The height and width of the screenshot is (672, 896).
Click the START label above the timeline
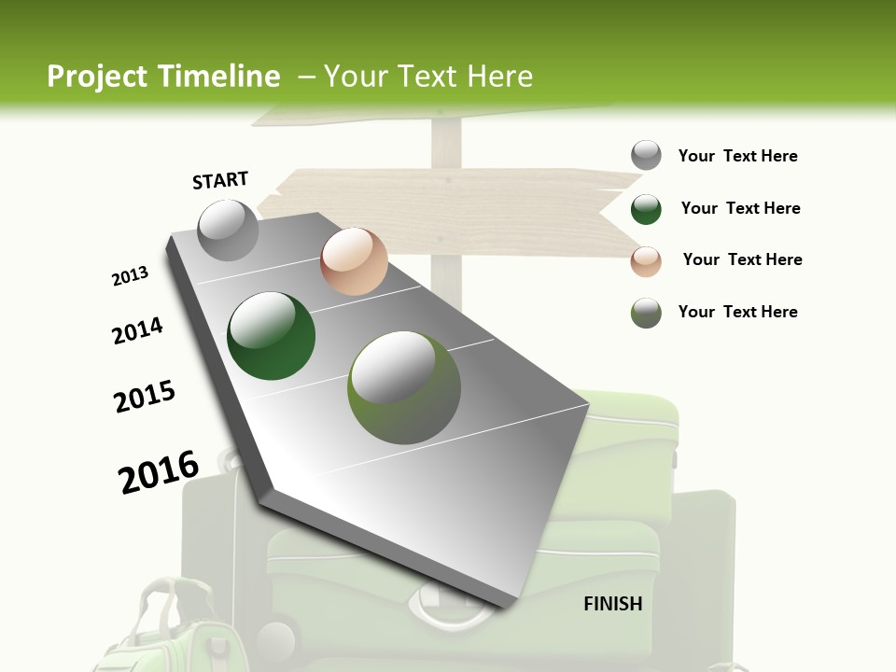[x=220, y=180]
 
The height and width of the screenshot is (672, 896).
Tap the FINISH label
[x=613, y=604]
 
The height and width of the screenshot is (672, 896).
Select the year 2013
[x=131, y=276]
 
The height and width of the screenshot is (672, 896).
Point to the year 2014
[x=138, y=331]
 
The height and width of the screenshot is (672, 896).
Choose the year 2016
[x=159, y=472]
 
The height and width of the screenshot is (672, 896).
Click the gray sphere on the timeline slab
[x=229, y=231]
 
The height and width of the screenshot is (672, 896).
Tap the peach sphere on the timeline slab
[x=354, y=261]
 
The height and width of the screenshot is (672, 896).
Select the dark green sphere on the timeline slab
[x=272, y=336]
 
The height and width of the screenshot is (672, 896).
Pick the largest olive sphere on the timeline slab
[x=404, y=387]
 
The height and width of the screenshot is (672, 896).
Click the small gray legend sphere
[x=646, y=155]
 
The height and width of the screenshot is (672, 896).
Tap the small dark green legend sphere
[x=646, y=209]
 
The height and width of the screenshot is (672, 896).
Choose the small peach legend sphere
[x=646, y=261]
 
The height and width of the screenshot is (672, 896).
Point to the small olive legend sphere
[x=646, y=313]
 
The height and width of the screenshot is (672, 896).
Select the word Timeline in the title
[x=220, y=77]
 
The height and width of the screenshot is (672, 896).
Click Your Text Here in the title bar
[x=428, y=77]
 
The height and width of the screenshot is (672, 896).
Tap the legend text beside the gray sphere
[x=737, y=156]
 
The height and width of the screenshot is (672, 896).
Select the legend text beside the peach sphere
[x=742, y=259]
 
